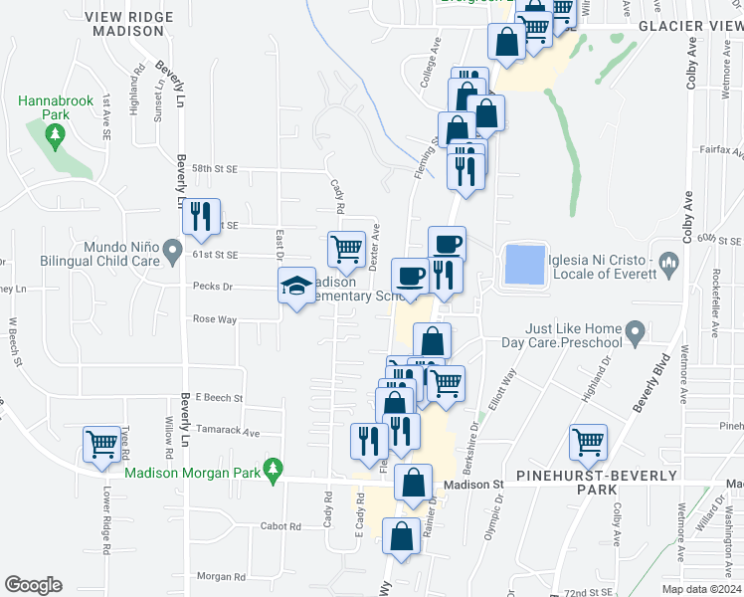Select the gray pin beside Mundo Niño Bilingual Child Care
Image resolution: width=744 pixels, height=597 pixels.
click(173, 249)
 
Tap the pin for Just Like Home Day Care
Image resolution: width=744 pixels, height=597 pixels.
click(634, 331)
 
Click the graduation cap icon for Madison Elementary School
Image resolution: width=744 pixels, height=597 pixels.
click(296, 287)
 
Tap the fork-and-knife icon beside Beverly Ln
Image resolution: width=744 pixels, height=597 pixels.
click(202, 216)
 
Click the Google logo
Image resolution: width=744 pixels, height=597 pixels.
click(33, 585)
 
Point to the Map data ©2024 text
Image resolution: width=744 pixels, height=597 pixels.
click(701, 589)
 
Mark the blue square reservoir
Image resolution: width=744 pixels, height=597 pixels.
click(525, 266)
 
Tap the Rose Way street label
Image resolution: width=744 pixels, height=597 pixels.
click(216, 319)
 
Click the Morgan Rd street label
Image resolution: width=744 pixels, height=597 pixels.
click(220, 576)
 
